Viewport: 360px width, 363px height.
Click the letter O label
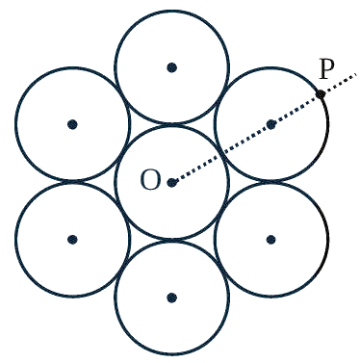tap(150, 180)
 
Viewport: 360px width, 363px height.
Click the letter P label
tap(326, 69)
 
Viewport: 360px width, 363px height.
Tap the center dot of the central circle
tap(172, 183)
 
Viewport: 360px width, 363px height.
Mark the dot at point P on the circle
tap(321, 94)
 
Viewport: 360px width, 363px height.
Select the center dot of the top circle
tap(172, 67)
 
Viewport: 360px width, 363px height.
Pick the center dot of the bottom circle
tap(172, 298)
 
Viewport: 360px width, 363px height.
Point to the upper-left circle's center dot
tap(73, 124)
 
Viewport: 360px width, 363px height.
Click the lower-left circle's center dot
tap(73, 239)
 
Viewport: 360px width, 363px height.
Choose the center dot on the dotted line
tap(271, 124)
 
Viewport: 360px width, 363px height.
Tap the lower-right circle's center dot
tap(271, 239)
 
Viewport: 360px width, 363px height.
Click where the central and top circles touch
tap(172, 124)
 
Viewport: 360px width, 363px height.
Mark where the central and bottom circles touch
tap(172, 241)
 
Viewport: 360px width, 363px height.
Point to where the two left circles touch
tap(73, 182)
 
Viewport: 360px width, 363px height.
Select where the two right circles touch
tap(272, 182)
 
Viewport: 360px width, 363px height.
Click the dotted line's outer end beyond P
tap(355, 75)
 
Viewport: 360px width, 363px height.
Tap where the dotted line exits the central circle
tap(222, 154)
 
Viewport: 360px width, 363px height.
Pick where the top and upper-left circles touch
tap(122, 95)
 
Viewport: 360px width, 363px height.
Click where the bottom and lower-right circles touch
tap(222, 269)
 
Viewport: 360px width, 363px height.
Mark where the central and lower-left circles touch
tap(122, 211)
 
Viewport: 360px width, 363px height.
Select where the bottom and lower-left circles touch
tap(122, 269)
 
